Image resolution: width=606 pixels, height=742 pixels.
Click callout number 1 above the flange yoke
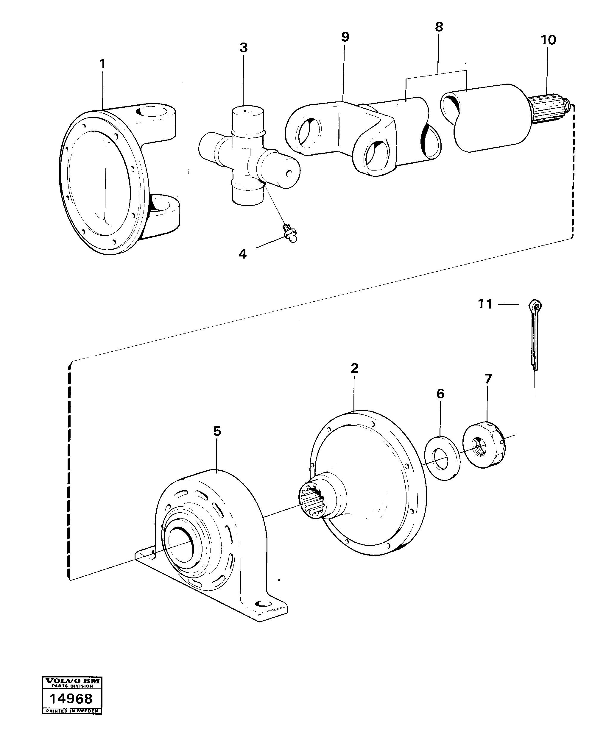(102, 65)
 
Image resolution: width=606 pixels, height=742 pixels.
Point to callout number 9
(345, 37)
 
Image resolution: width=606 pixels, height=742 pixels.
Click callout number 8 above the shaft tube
(439, 27)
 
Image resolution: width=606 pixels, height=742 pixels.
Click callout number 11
(485, 304)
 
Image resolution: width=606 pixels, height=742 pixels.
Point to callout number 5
(217, 432)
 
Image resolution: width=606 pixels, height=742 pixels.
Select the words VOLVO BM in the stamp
(72, 690)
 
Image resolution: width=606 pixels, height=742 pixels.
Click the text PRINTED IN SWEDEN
(72, 719)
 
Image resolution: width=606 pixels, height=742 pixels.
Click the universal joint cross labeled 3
(248, 157)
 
